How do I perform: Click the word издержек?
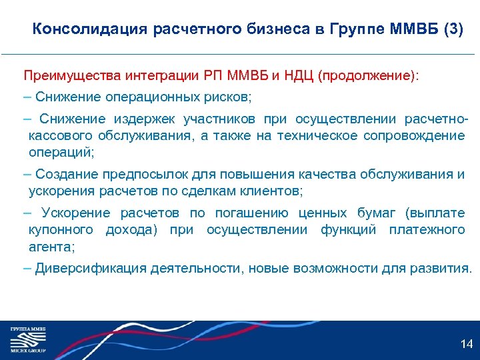pos(140,119)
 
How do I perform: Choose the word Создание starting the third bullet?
pos(66,175)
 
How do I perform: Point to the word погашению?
pos(251,213)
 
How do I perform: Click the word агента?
pos(51,246)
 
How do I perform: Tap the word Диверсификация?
pos(91,269)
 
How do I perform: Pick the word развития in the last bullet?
pos(443,269)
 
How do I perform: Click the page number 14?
pos(467,344)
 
